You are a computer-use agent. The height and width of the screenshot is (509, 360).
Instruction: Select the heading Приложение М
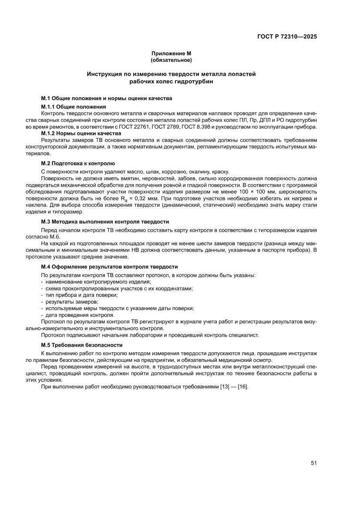pos(171,53)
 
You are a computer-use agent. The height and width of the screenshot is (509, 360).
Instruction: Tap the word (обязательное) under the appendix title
pos(171,59)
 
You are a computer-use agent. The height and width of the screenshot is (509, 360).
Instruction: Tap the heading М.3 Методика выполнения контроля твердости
pos(105,222)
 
